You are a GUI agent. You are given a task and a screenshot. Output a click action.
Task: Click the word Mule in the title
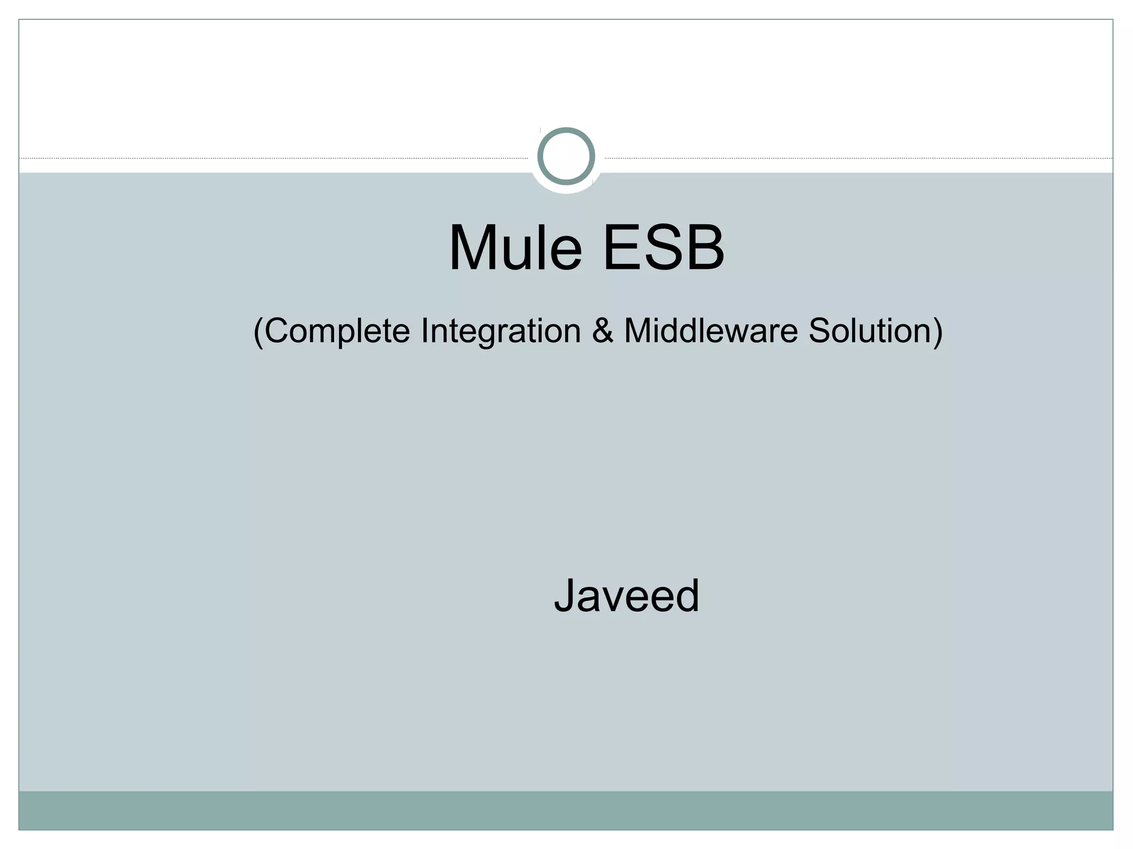pyautogui.click(x=515, y=248)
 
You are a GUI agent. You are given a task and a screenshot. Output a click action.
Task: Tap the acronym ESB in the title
pyautogui.click(x=663, y=248)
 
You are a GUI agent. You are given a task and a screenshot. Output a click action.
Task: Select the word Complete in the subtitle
pyautogui.click(x=337, y=331)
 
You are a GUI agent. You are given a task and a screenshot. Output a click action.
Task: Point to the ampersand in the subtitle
pyautogui.click(x=602, y=331)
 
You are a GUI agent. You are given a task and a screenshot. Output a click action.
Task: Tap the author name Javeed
pyautogui.click(x=627, y=596)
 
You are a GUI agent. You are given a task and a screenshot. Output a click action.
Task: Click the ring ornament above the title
pyautogui.click(x=566, y=156)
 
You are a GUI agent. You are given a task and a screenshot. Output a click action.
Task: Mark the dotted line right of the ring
pyautogui.click(x=857, y=159)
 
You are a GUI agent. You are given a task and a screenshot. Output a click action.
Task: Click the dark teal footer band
pyautogui.click(x=566, y=810)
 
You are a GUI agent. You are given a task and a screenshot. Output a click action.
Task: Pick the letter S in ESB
pyautogui.click(x=663, y=248)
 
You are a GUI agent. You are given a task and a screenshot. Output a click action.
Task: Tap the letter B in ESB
pyautogui.click(x=703, y=248)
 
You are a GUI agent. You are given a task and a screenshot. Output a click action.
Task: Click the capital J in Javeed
pyautogui.click(x=565, y=596)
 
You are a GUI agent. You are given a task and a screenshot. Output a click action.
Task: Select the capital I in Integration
pyautogui.click(x=424, y=331)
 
